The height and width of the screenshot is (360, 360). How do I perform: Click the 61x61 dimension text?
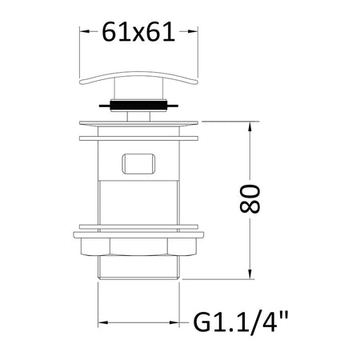pos(138,32)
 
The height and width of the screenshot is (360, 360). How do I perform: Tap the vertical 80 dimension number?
pos(250,199)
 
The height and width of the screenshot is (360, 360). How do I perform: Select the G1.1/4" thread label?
pos(241,322)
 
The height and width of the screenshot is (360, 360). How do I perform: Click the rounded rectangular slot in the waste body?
pos(138,163)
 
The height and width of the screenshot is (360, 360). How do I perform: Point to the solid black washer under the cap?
pos(138,106)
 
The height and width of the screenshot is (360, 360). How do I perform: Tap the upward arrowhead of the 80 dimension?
pos(250,126)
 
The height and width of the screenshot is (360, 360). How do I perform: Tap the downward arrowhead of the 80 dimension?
pos(250,274)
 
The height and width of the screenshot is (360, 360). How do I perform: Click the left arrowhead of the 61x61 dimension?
pos(84,31)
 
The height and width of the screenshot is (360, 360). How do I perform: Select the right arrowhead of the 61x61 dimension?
pos(193,31)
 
